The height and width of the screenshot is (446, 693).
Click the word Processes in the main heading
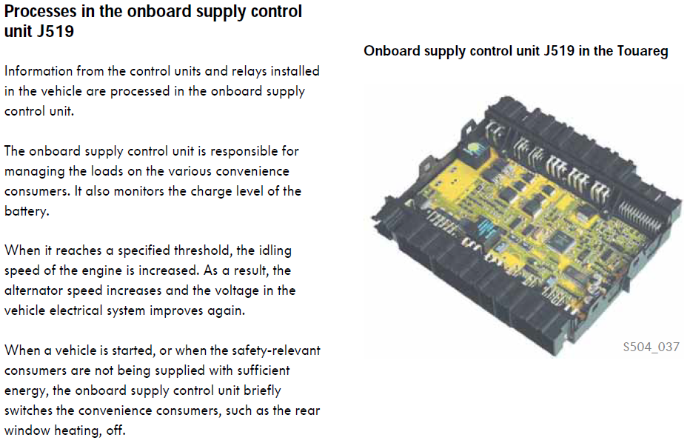click(40, 12)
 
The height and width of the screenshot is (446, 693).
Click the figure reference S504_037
click(651, 347)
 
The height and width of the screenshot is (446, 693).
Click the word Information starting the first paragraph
click(38, 71)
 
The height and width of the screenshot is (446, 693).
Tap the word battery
click(27, 211)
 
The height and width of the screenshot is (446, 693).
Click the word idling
click(275, 251)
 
